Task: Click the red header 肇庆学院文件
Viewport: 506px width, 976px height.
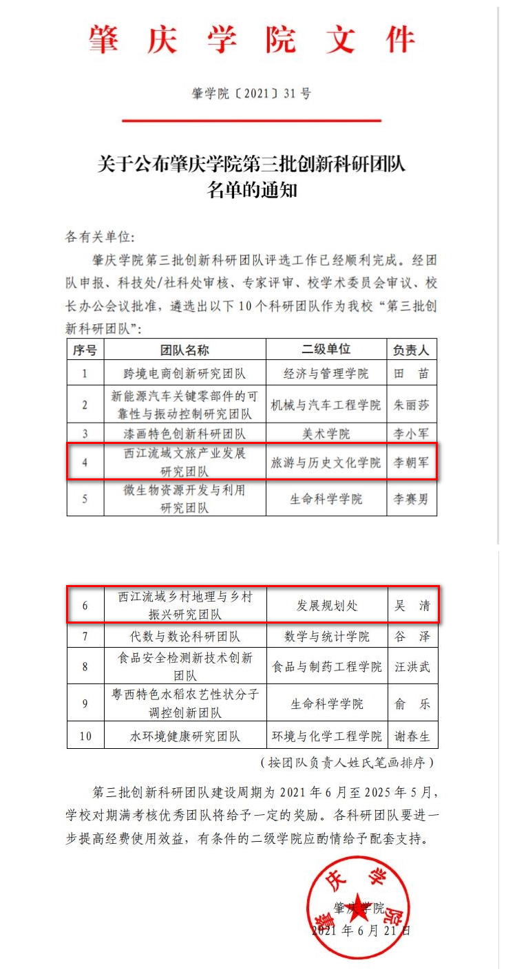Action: tap(252, 40)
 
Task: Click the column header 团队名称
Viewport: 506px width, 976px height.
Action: tap(185, 350)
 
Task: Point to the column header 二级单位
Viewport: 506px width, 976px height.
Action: tap(326, 350)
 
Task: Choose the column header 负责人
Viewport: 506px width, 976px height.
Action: tap(411, 350)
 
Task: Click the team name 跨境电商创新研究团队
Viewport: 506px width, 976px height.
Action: tap(185, 374)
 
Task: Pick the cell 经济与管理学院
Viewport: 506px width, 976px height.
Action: tap(326, 374)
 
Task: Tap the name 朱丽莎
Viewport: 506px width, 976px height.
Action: tap(411, 405)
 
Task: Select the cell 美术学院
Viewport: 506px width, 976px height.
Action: tap(326, 434)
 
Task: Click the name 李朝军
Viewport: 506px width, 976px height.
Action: tap(411, 463)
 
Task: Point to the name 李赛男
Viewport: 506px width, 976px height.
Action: tap(411, 499)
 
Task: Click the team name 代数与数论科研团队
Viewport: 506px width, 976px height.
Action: tap(185, 636)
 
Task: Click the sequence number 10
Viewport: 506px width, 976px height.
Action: tap(85, 736)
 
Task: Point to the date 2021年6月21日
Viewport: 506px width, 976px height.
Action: tap(361, 931)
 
